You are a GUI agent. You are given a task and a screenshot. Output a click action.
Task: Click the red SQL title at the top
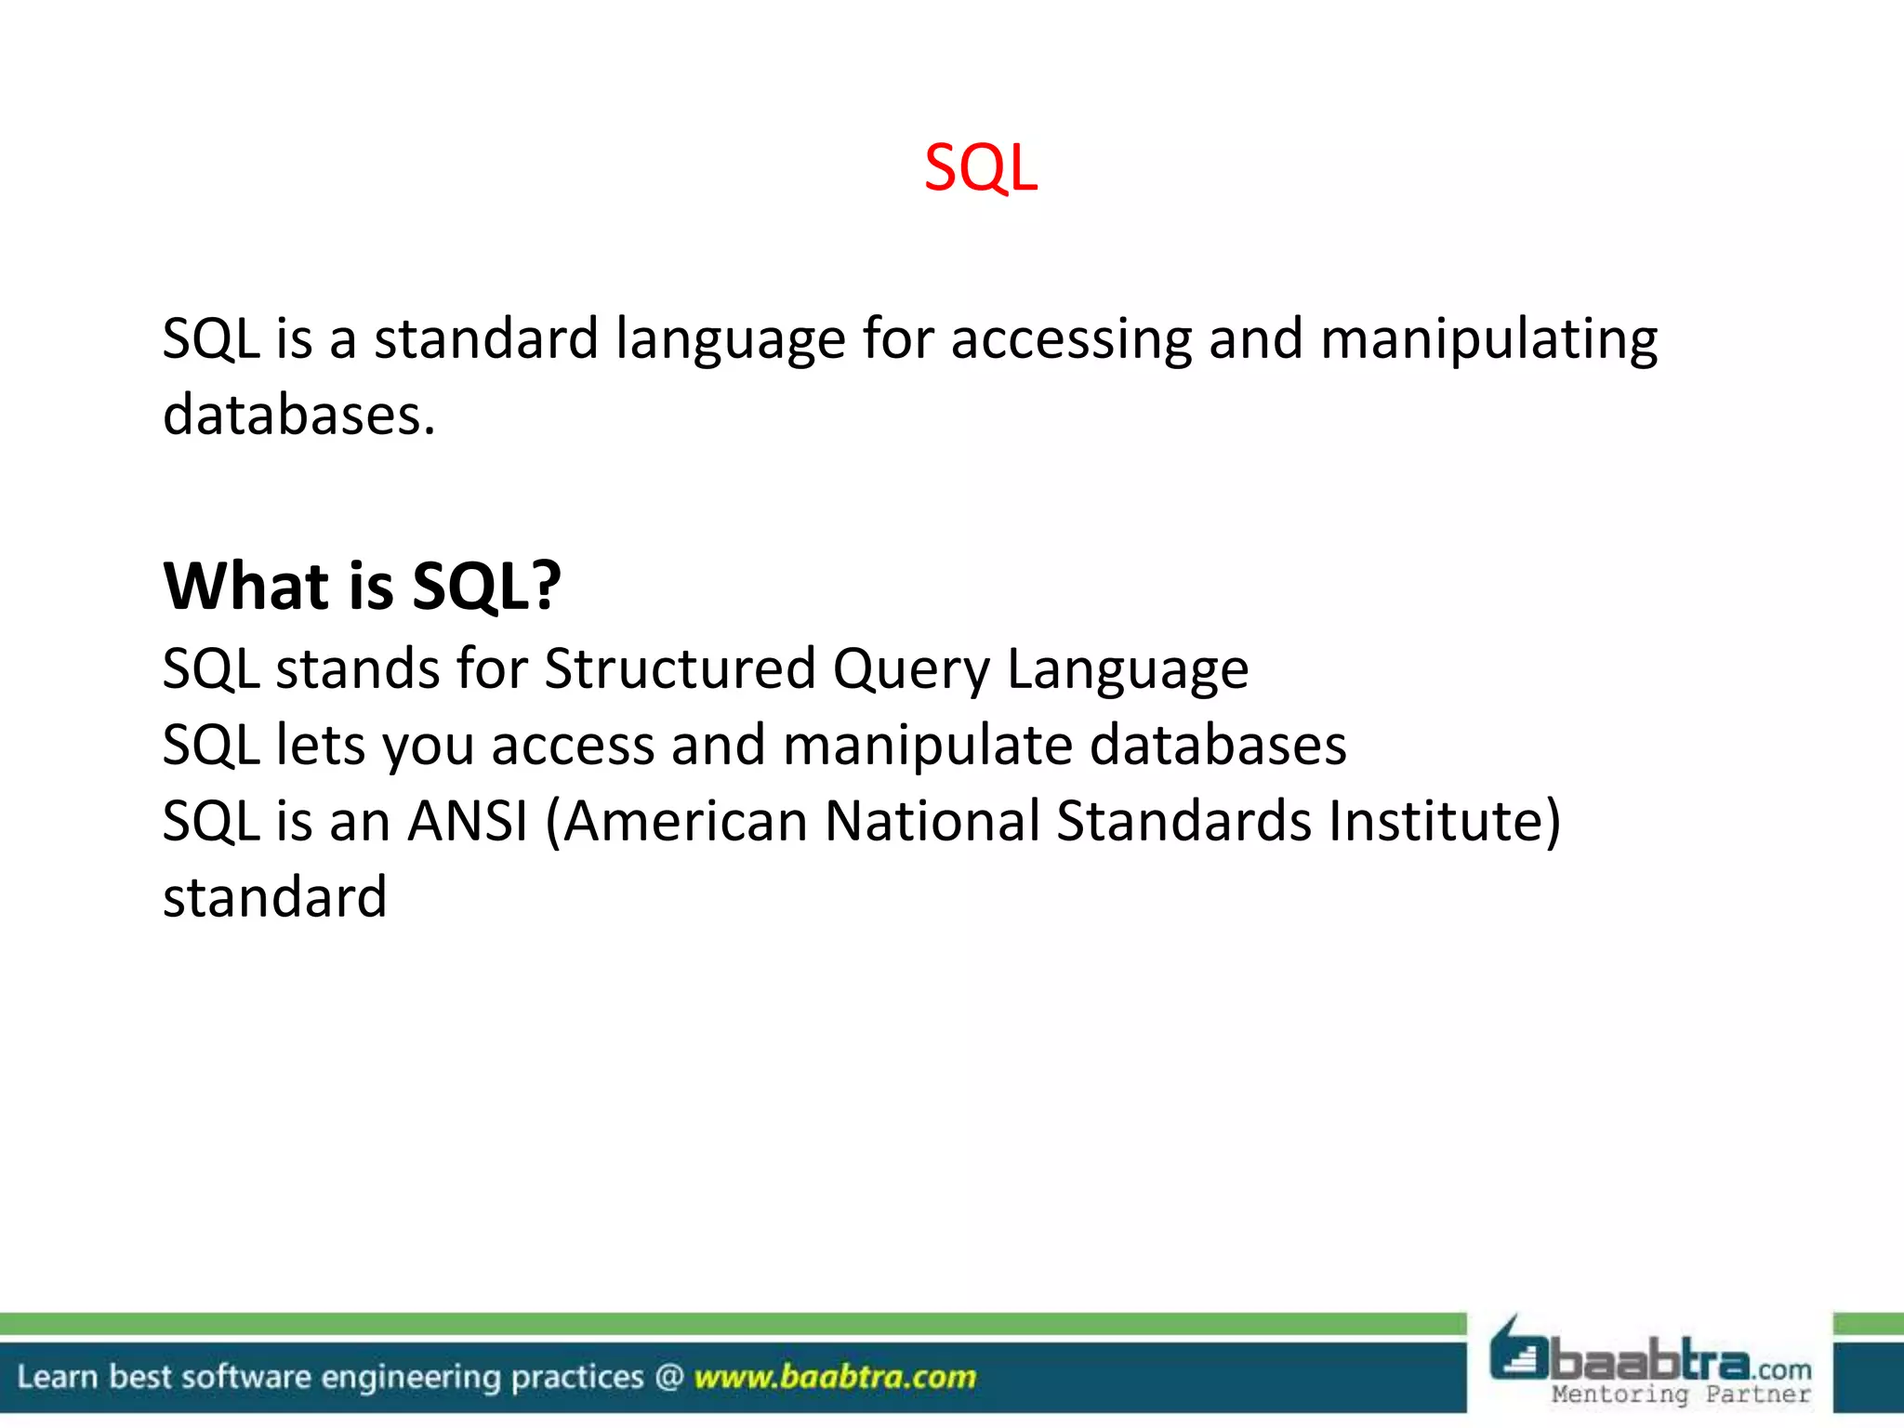(980, 168)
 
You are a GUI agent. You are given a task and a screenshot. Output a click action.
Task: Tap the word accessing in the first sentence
(1070, 340)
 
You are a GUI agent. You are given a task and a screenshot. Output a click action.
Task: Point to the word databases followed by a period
(298, 415)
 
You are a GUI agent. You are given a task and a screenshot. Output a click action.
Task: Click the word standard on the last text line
(274, 897)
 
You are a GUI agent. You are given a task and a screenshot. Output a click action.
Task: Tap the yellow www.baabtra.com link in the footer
(834, 1376)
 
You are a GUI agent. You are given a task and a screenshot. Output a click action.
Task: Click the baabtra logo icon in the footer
(1518, 1351)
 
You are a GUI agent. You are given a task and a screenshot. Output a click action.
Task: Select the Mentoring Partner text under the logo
(1680, 1395)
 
